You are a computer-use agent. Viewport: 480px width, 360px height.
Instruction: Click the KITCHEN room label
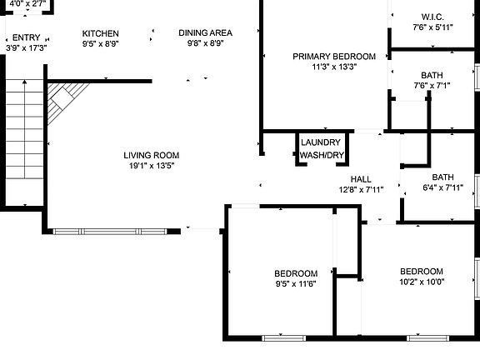(x=100, y=33)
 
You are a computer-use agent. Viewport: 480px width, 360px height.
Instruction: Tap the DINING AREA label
(x=205, y=32)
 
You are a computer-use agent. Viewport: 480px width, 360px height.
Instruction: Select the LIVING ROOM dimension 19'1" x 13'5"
(x=152, y=166)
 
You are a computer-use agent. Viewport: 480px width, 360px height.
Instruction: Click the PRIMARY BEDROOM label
(x=334, y=57)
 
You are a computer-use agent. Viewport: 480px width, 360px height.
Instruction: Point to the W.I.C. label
(x=432, y=17)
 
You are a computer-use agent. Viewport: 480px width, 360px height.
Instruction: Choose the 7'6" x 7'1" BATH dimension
(x=432, y=85)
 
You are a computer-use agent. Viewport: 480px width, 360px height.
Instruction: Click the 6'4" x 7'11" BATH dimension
(x=443, y=187)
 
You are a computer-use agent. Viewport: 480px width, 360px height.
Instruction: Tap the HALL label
(x=361, y=179)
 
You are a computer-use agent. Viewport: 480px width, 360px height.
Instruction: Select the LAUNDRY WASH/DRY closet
(x=322, y=148)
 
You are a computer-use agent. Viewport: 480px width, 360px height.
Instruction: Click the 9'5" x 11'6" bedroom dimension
(x=296, y=284)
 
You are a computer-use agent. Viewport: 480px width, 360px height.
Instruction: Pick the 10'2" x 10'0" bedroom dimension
(x=422, y=282)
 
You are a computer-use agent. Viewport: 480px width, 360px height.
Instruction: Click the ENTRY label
(x=27, y=37)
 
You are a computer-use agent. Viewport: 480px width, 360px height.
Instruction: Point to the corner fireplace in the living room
(x=66, y=99)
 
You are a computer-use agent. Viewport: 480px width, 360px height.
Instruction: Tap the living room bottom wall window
(x=110, y=232)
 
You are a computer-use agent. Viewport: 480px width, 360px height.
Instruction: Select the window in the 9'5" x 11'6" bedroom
(x=284, y=338)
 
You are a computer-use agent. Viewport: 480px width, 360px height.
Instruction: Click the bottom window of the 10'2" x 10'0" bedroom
(x=428, y=338)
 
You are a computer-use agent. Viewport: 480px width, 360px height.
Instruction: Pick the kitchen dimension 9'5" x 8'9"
(x=100, y=44)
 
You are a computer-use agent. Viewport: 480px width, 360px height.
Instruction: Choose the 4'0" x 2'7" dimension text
(x=27, y=4)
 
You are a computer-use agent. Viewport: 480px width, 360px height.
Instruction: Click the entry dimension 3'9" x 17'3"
(x=27, y=48)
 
